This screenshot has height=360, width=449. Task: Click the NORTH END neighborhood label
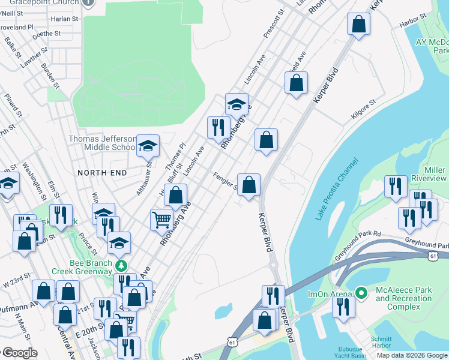tap(102, 173)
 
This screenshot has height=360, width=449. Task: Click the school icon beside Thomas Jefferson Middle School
tap(148, 145)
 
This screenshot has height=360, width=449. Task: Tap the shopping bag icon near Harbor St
tap(358, 25)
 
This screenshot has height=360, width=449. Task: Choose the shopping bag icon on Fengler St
tap(249, 184)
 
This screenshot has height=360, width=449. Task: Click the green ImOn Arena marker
tap(361, 293)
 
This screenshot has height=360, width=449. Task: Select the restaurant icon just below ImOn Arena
tap(343, 307)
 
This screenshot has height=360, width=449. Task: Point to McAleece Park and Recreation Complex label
tap(403, 298)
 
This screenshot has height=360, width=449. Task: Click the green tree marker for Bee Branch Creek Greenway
tap(122, 265)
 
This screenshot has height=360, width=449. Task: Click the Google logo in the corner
tap(19, 353)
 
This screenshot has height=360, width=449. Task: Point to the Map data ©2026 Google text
tap(411, 355)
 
